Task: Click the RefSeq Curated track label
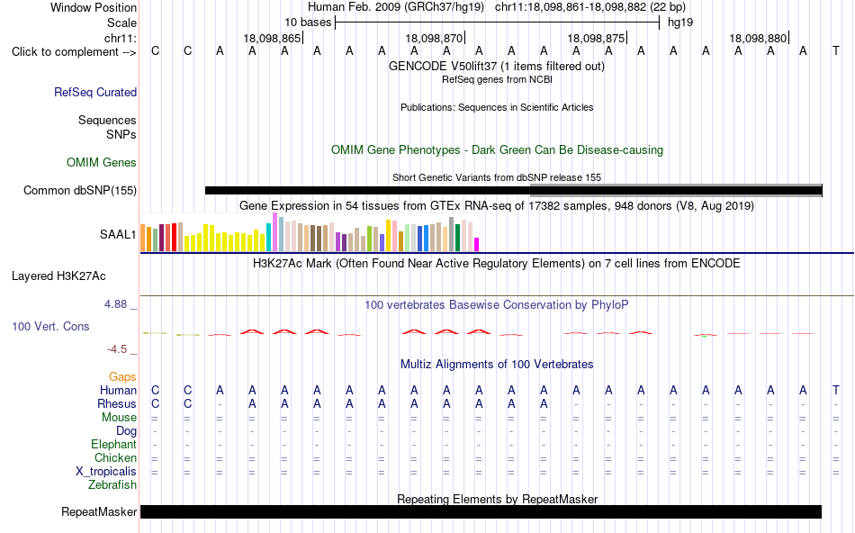pyautogui.click(x=95, y=92)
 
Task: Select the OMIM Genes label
pyautogui.click(x=102, y=163)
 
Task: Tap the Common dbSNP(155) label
pyautogui.click(x=80, y=190)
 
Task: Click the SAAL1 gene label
pyautogui.click(x=118, y=235)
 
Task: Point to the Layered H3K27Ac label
pyautogui.click(x=58, y=276)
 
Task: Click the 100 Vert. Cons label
pyautogui.click(x=50, y=326)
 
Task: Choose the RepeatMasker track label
pyautogui.click(x=99, y=511)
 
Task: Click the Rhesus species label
pyautogui.click(x=117, y=403)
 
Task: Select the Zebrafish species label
pyautogui.click(x=112, y=484)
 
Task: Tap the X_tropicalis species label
pyautogui.click(x=106, y=472)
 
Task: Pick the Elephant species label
pyautogui.click(x=113, y=444)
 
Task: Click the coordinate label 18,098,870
pyautogui.click(x=434, y=38)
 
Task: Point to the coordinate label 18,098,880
pyautogui.click(x=758, y=38)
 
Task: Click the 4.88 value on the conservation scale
pyautogui.click(x=115, y=304)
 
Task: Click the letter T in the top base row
pyautogui.click(x=836, y=51)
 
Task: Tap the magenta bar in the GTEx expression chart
pyautogui.click(x=477, y=244)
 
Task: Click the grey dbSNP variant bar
pyautogui.click(x=676, y=190)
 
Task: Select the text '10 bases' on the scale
pyautogui.click(x=308, y=23)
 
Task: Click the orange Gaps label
pyautogui.click(x=122, y=377)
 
